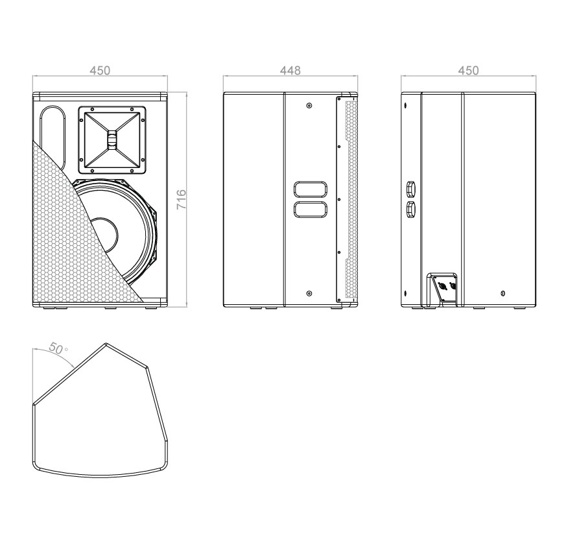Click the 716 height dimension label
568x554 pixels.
pos(181,199)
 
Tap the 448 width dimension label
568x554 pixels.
pos(290,70)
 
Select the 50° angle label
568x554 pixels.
pos(58,348)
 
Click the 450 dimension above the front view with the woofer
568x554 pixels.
pos(100,70)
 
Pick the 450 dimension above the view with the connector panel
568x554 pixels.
pos(468,70)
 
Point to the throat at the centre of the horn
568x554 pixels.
pos(112,140)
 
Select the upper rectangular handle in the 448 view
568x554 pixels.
pos(311,189)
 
